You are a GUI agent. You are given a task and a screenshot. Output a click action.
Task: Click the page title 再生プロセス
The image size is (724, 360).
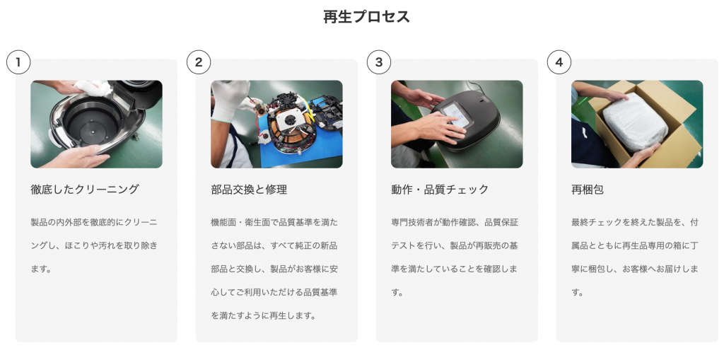366,17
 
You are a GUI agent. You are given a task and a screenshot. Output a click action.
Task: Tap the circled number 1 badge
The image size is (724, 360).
18,62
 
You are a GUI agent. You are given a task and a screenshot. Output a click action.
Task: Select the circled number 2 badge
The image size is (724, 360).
199,62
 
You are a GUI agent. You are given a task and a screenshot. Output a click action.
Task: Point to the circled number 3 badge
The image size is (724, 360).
379,62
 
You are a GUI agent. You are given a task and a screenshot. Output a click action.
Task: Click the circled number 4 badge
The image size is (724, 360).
559,62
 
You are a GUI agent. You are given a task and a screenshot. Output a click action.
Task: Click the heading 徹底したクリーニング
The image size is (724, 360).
85,190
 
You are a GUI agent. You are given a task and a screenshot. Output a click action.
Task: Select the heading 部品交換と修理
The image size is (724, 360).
249,190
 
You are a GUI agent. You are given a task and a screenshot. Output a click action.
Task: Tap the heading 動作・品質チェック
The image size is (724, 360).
440,190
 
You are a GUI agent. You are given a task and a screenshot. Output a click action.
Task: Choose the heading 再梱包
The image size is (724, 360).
588,190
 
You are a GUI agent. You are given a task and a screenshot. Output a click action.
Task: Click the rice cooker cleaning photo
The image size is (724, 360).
96,124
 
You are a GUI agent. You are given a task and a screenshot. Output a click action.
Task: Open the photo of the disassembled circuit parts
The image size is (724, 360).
276,124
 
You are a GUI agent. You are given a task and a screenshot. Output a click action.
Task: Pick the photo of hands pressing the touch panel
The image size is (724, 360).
457,124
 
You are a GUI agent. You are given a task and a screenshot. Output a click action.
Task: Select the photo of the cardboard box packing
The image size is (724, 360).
637,124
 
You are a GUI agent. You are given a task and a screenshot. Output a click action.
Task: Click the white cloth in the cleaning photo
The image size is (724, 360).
93,87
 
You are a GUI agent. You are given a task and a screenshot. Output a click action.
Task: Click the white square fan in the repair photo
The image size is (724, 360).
289,120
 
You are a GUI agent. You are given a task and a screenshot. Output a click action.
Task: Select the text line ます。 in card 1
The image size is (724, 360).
41,269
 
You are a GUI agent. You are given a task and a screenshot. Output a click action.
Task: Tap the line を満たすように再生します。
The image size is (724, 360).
264,315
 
